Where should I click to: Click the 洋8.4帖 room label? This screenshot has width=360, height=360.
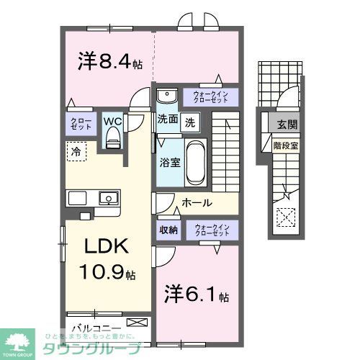coord(109,62)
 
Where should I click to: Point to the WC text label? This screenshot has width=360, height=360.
coord(112,121)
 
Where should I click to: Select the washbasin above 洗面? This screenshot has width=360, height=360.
coord(167,96)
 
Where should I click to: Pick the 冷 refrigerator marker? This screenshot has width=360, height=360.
coord(75,150)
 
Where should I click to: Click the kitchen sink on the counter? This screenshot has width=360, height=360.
coord(108,197)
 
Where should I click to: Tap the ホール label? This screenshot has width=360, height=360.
coord(196,203)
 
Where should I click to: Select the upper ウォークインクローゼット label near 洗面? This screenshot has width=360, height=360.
coord(210,96)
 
